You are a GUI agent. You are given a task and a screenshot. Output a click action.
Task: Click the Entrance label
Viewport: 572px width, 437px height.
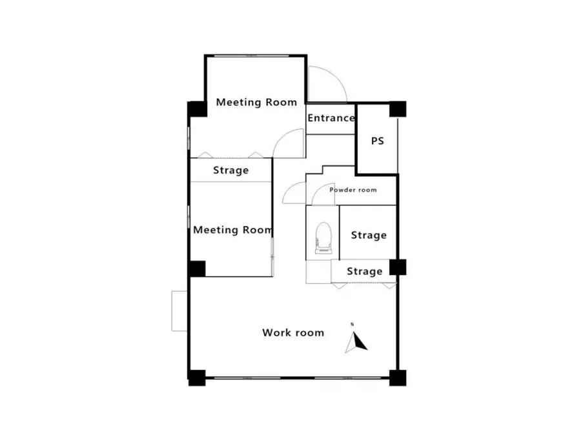coord(331,118)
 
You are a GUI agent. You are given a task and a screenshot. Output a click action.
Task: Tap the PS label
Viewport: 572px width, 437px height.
coord(378,141)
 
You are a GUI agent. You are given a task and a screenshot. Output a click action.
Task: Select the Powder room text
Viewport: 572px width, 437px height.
coord(352,190)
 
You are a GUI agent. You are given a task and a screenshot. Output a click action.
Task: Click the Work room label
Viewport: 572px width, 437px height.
coord(293,332)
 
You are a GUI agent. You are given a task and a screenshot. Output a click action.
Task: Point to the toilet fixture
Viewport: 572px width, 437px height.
coord(323,238)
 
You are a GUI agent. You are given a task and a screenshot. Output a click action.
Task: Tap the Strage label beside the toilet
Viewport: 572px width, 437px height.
coord(369,235)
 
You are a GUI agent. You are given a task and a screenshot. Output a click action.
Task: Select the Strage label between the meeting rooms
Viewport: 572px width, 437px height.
coord(231,170)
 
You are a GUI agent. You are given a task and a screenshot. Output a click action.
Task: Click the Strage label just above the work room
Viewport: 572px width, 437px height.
coord(364,271)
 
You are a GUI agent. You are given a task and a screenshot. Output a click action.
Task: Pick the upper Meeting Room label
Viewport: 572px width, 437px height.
coord(256,102)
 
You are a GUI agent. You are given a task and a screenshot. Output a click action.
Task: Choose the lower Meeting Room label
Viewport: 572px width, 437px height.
coord(233,230)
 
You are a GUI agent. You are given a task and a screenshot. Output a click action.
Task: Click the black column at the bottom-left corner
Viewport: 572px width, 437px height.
coord(197,378)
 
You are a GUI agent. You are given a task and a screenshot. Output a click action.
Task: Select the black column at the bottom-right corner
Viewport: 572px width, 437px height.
coord(398,378)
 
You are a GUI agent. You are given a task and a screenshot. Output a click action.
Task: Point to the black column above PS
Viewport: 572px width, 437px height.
coord(398,109)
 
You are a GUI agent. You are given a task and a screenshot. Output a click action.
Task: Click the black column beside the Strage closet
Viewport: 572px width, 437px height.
coord(398,267)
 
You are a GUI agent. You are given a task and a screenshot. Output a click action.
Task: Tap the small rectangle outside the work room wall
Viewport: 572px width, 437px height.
coord(179,311)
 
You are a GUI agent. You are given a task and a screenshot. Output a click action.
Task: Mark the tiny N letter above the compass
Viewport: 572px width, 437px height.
coord(352,324)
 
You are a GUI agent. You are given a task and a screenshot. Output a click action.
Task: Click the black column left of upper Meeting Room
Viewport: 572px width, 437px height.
coord(198,109)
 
